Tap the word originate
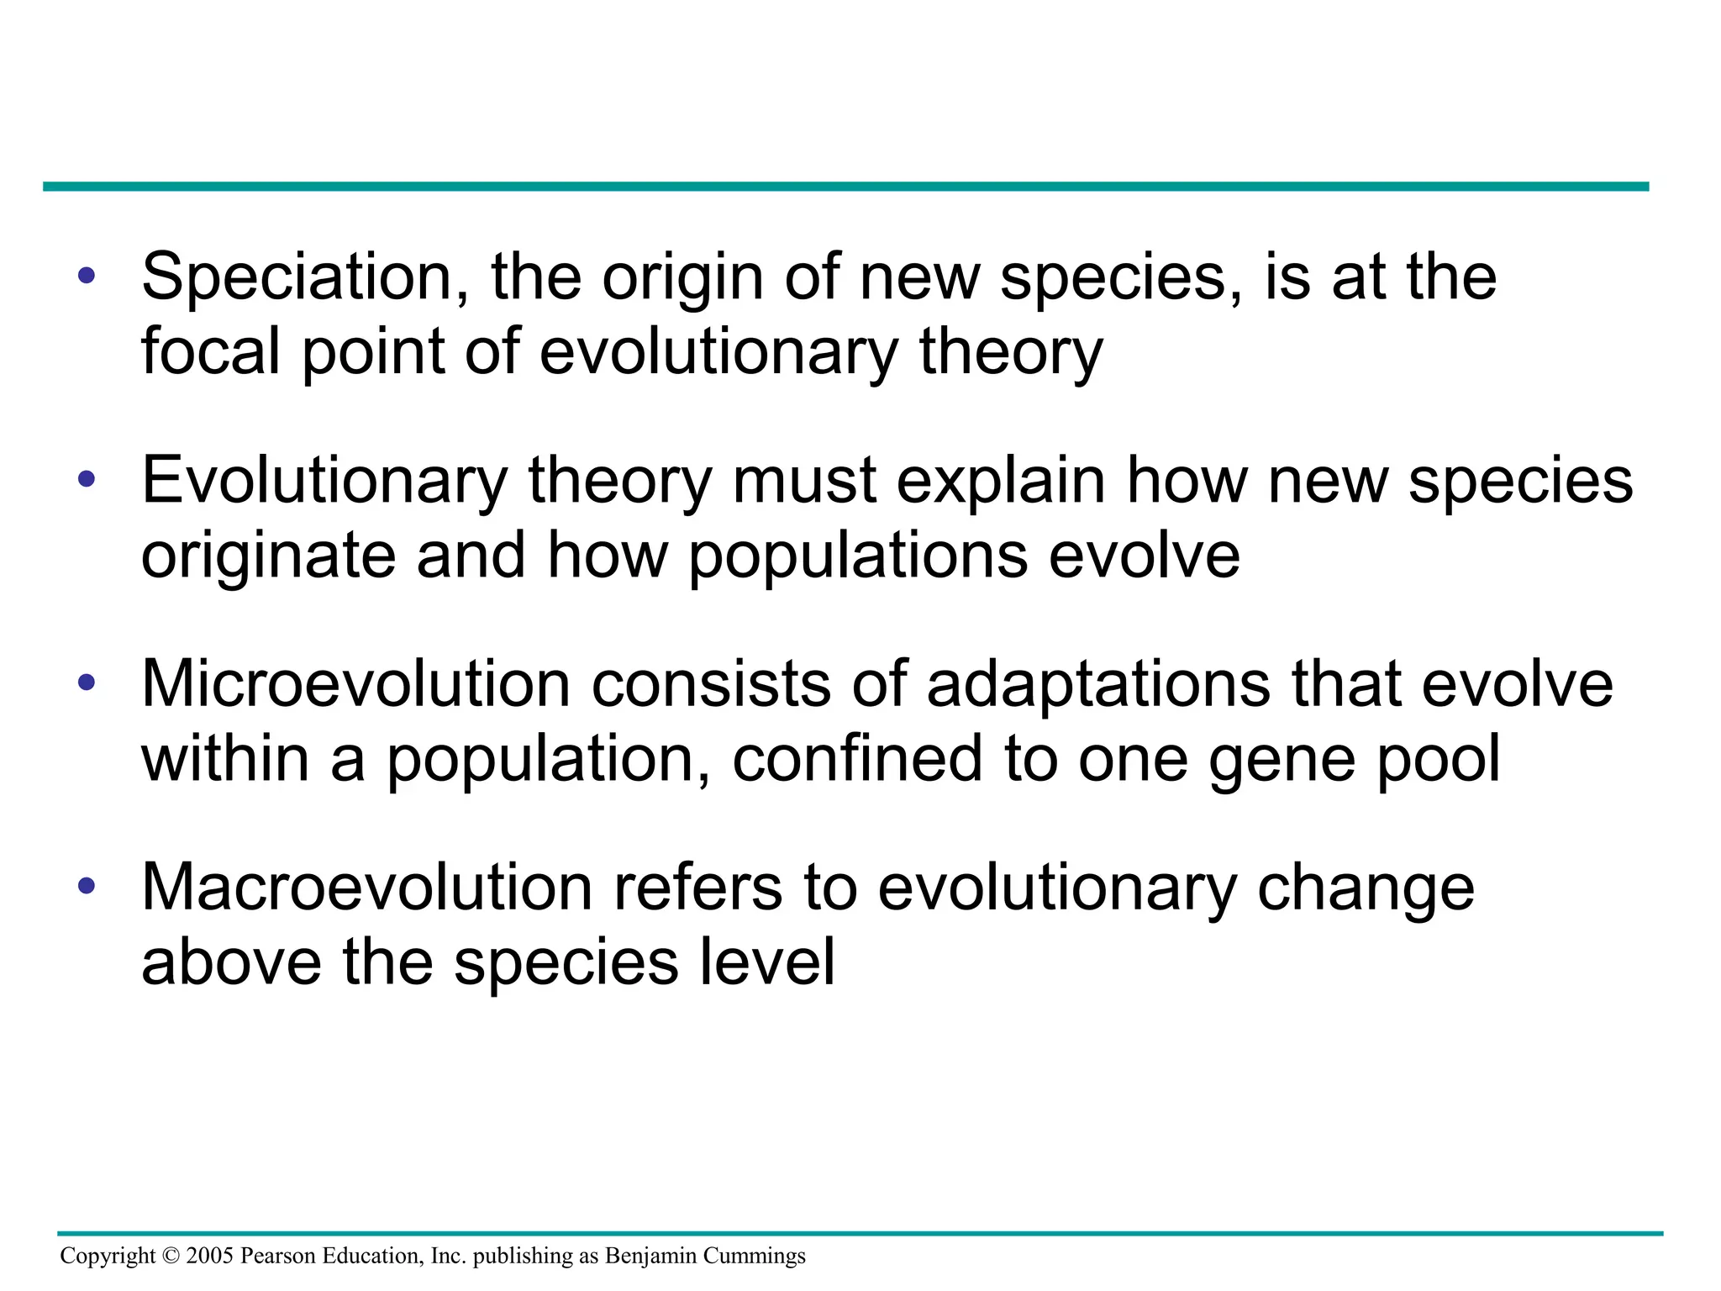pos(268,557)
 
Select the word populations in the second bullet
pos(858,557)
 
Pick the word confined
pos(857,759)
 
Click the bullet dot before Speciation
pos(87,276)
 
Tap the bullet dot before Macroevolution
pos(87,886)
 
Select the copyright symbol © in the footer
pos(171,1256)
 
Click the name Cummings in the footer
pos(754,1257)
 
